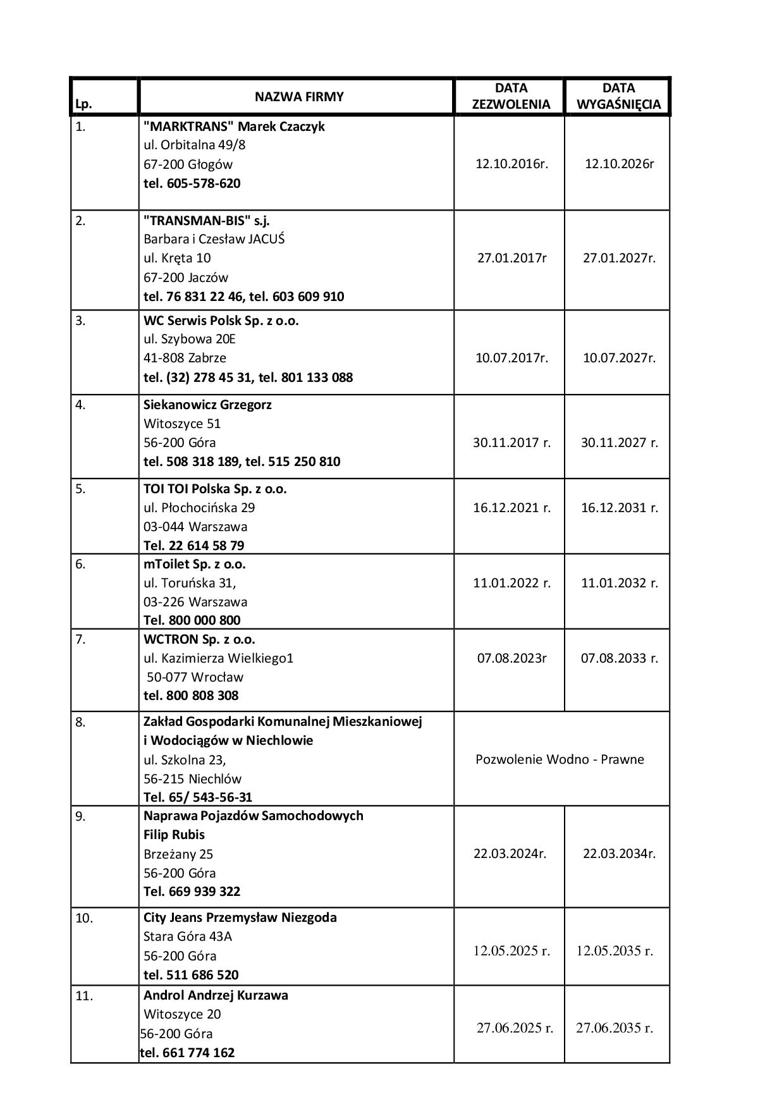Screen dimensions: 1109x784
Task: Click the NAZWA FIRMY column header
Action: (299, 97)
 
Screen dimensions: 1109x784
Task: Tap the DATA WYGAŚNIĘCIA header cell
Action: (618, 96)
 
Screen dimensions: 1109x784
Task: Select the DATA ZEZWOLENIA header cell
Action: (511, 96)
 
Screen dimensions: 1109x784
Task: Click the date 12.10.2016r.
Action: (511, 164)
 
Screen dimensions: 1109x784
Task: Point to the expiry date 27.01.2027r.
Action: (619, 258)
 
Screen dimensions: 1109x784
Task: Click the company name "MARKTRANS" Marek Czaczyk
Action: (234, 126)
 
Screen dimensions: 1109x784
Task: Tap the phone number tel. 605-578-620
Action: (192, 183)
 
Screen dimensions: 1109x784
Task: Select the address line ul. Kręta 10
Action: (177, 258)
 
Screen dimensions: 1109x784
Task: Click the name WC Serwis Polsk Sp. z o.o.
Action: (221, 321)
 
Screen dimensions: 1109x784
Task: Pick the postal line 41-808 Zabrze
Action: (185, 358)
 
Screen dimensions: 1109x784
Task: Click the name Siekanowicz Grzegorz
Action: (207, 405)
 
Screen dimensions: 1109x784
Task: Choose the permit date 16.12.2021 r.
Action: (511, 508)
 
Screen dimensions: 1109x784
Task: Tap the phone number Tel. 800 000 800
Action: (192, 620)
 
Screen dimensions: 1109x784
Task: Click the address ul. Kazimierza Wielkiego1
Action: (219, 658)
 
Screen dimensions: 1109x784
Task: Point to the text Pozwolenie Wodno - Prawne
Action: (560, 759)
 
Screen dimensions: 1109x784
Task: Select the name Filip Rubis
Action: (174, 835)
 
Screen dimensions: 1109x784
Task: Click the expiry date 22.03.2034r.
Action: (619, 854)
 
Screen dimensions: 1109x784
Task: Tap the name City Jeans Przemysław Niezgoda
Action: (240, 917)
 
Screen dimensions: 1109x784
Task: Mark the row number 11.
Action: (84, 996)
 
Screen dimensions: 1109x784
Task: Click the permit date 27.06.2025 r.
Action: (515, 1028)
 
